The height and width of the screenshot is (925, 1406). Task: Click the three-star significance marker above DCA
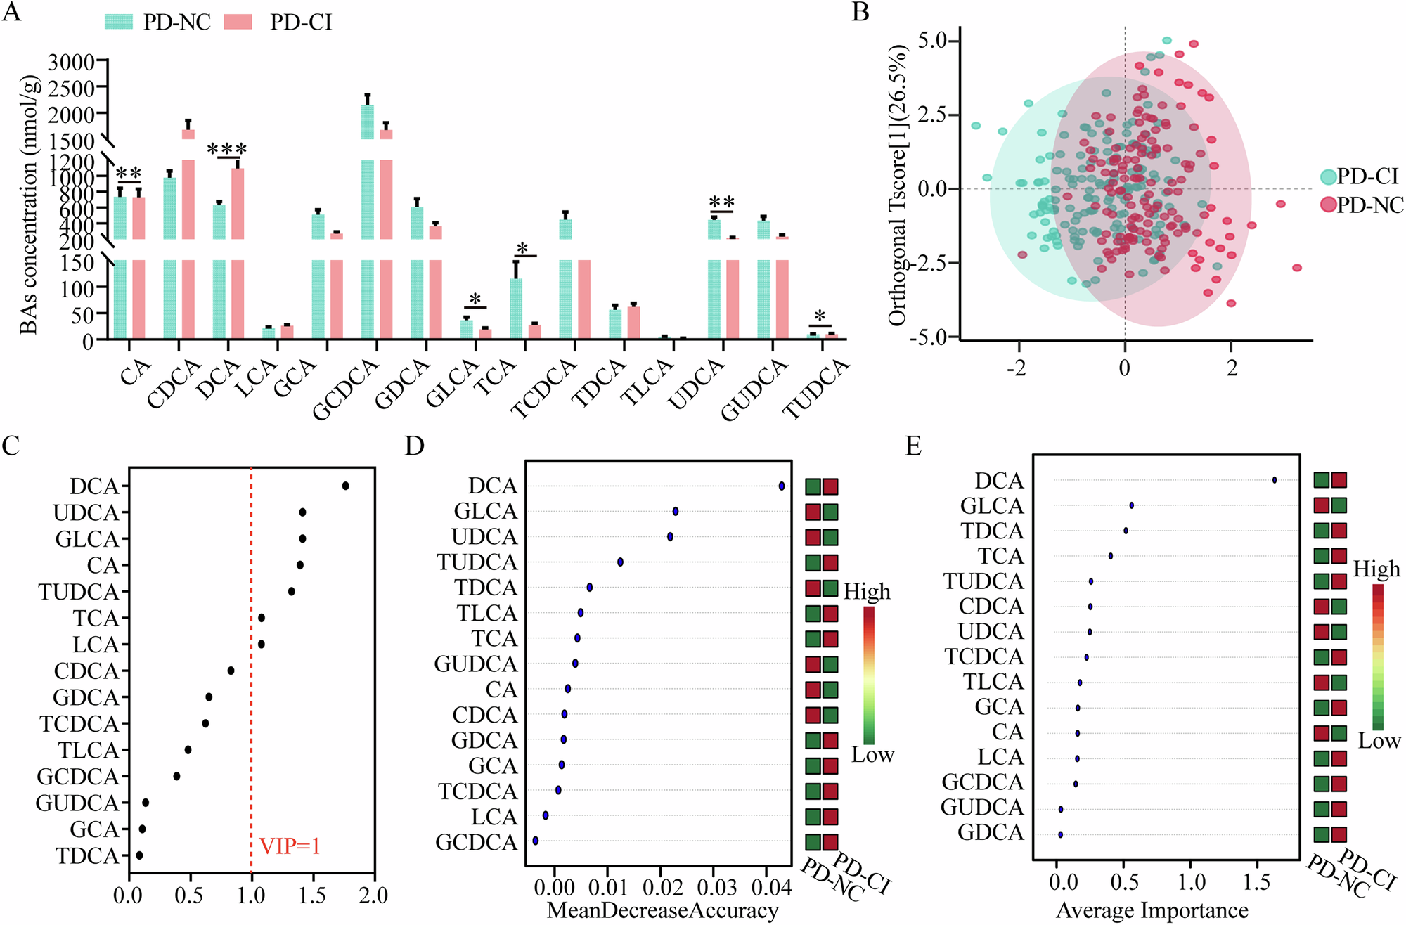227,150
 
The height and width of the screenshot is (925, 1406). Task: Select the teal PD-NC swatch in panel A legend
119,22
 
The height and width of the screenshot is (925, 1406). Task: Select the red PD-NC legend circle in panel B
1328,205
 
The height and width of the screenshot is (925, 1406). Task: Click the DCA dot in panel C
345,486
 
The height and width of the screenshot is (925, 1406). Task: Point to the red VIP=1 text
290,846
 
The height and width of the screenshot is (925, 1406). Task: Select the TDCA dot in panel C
139,855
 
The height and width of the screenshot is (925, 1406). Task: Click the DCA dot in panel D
782,486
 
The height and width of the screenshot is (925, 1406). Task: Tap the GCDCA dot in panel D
536,840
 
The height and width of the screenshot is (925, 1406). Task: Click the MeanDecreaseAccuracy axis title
662,910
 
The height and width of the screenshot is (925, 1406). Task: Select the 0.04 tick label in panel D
771,888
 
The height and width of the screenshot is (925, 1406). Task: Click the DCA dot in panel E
1275,480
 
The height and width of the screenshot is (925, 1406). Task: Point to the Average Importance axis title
1152,910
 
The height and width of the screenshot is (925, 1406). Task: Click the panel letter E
913,446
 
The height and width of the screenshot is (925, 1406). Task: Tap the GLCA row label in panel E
992,506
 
